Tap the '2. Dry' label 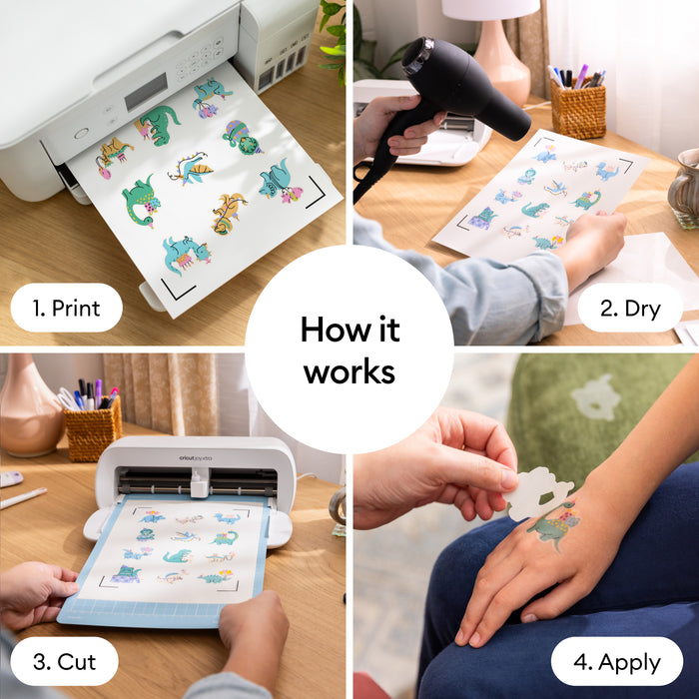(x=629, y=309)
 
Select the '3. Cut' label (x=63, y=662)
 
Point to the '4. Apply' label (x=616, y=662)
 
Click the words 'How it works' (x=349, y=349)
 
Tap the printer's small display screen (x=145, y=91)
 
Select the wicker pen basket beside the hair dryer (x=578, y=108)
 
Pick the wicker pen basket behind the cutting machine (x=92, y=427)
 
